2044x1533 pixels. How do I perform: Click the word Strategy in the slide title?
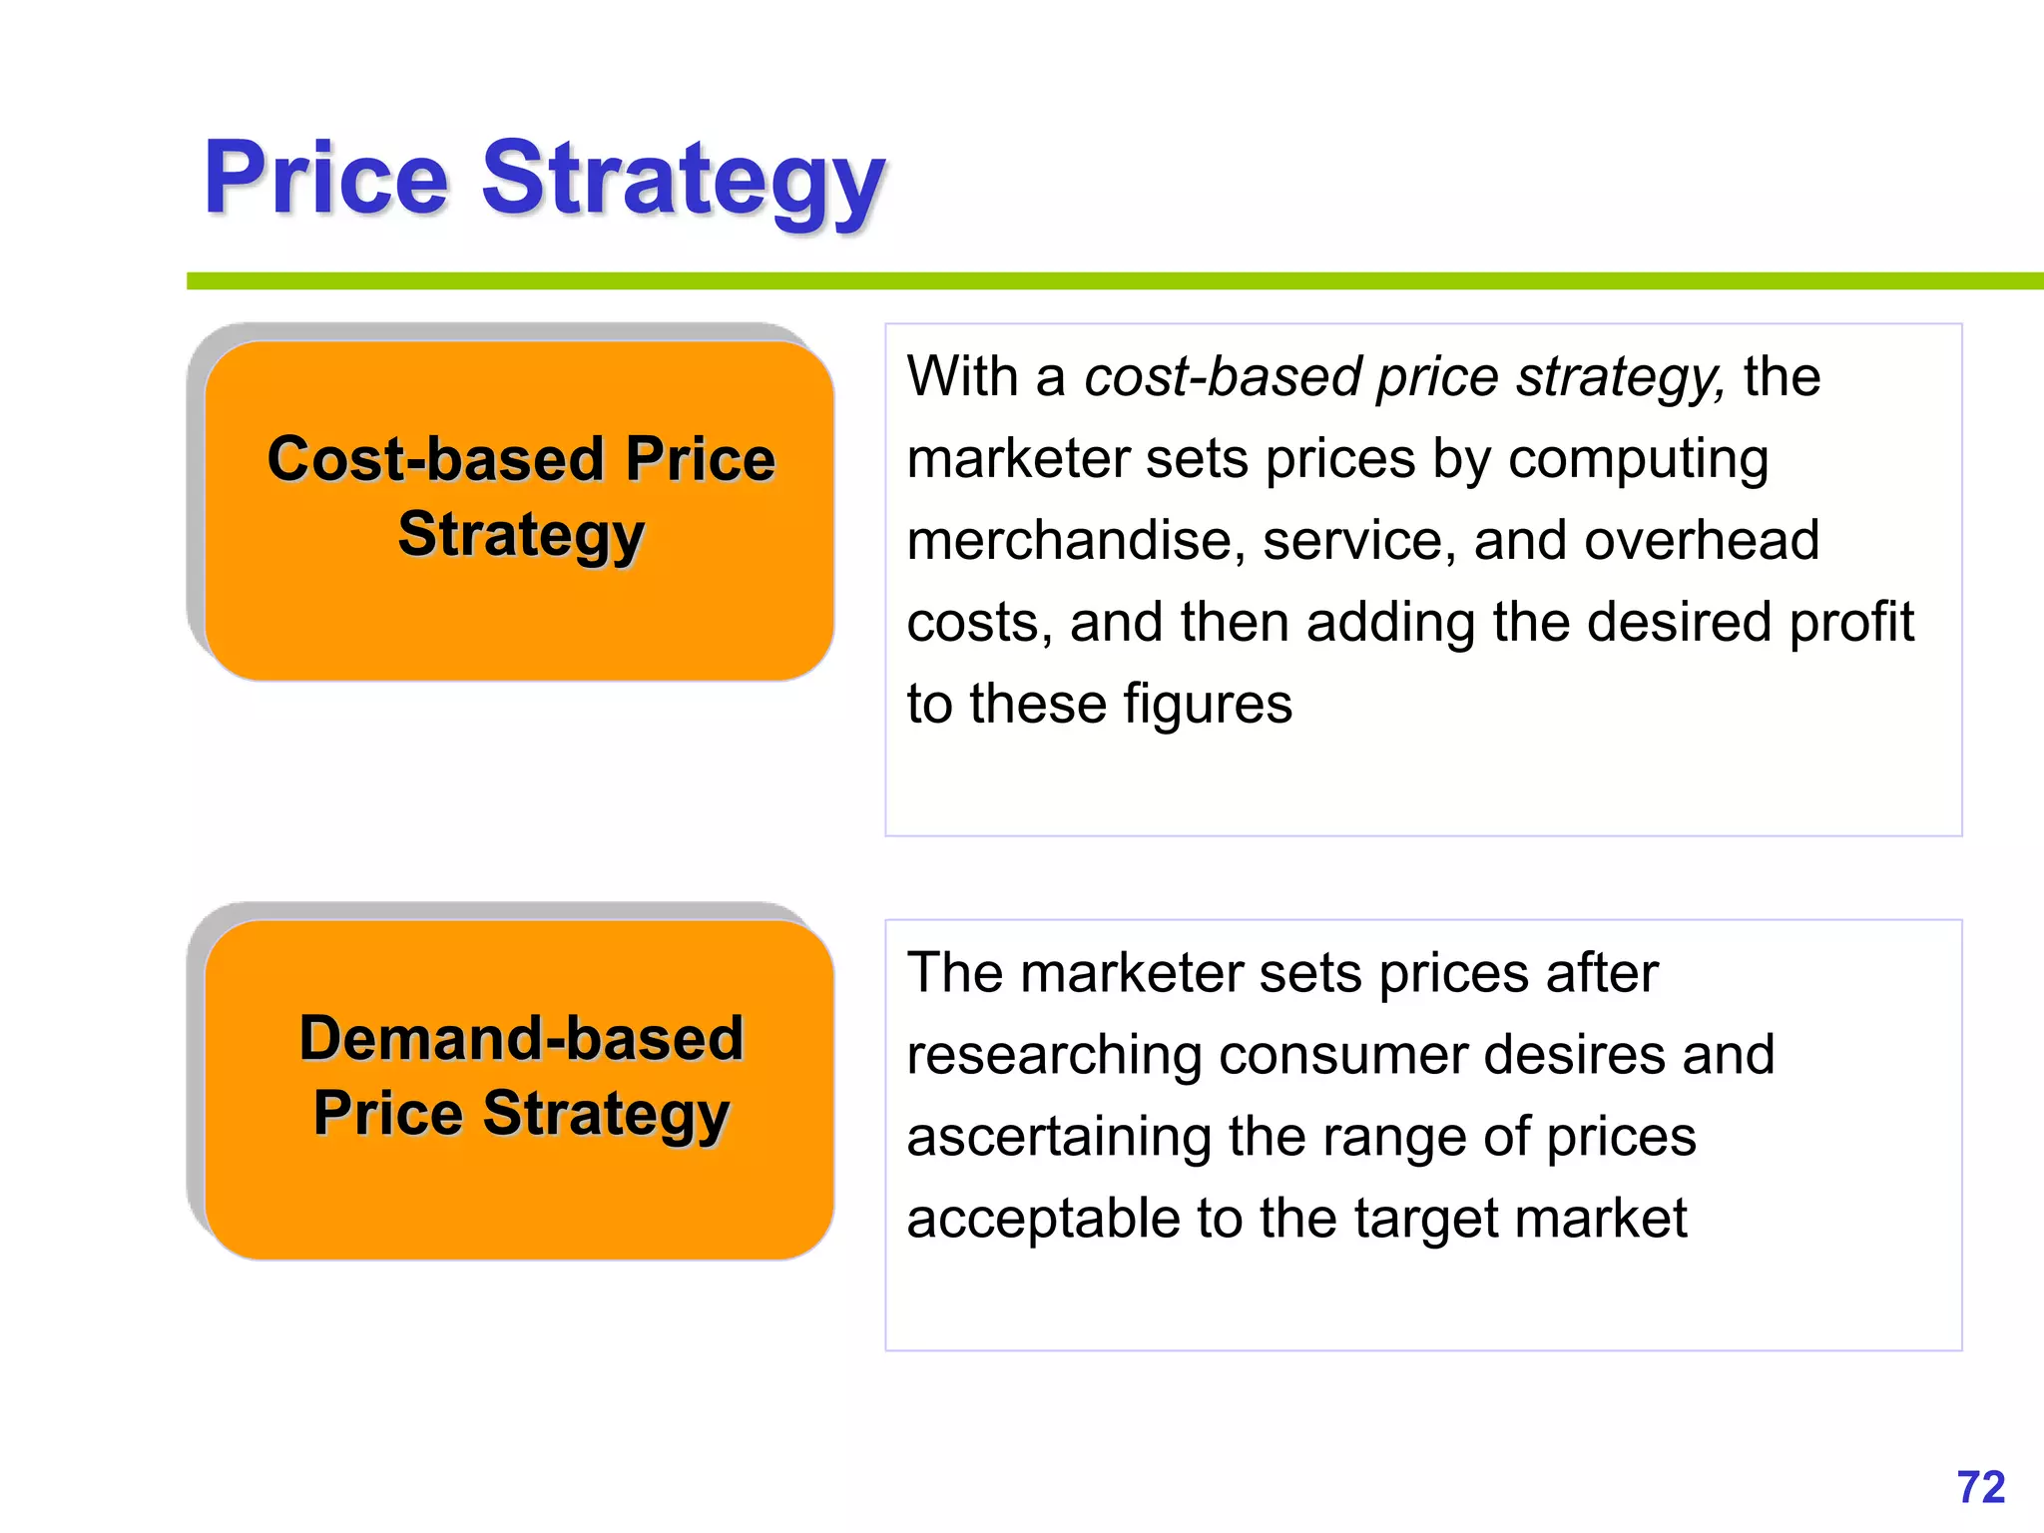coord(684,182)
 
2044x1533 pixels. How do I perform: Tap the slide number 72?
coord(1981,1487)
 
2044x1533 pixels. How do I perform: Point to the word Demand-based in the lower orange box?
coord(522,1038)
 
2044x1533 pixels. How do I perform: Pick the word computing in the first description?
coord(1638,461)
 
